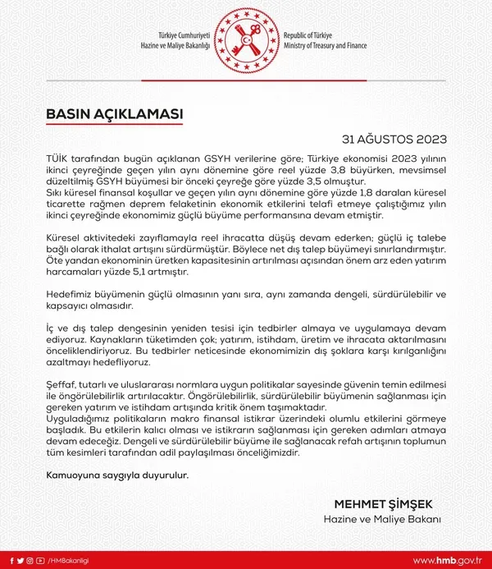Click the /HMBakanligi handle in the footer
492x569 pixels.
(68, 560)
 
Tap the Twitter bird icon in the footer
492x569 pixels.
(20, 560)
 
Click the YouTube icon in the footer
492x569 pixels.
(40, 560)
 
